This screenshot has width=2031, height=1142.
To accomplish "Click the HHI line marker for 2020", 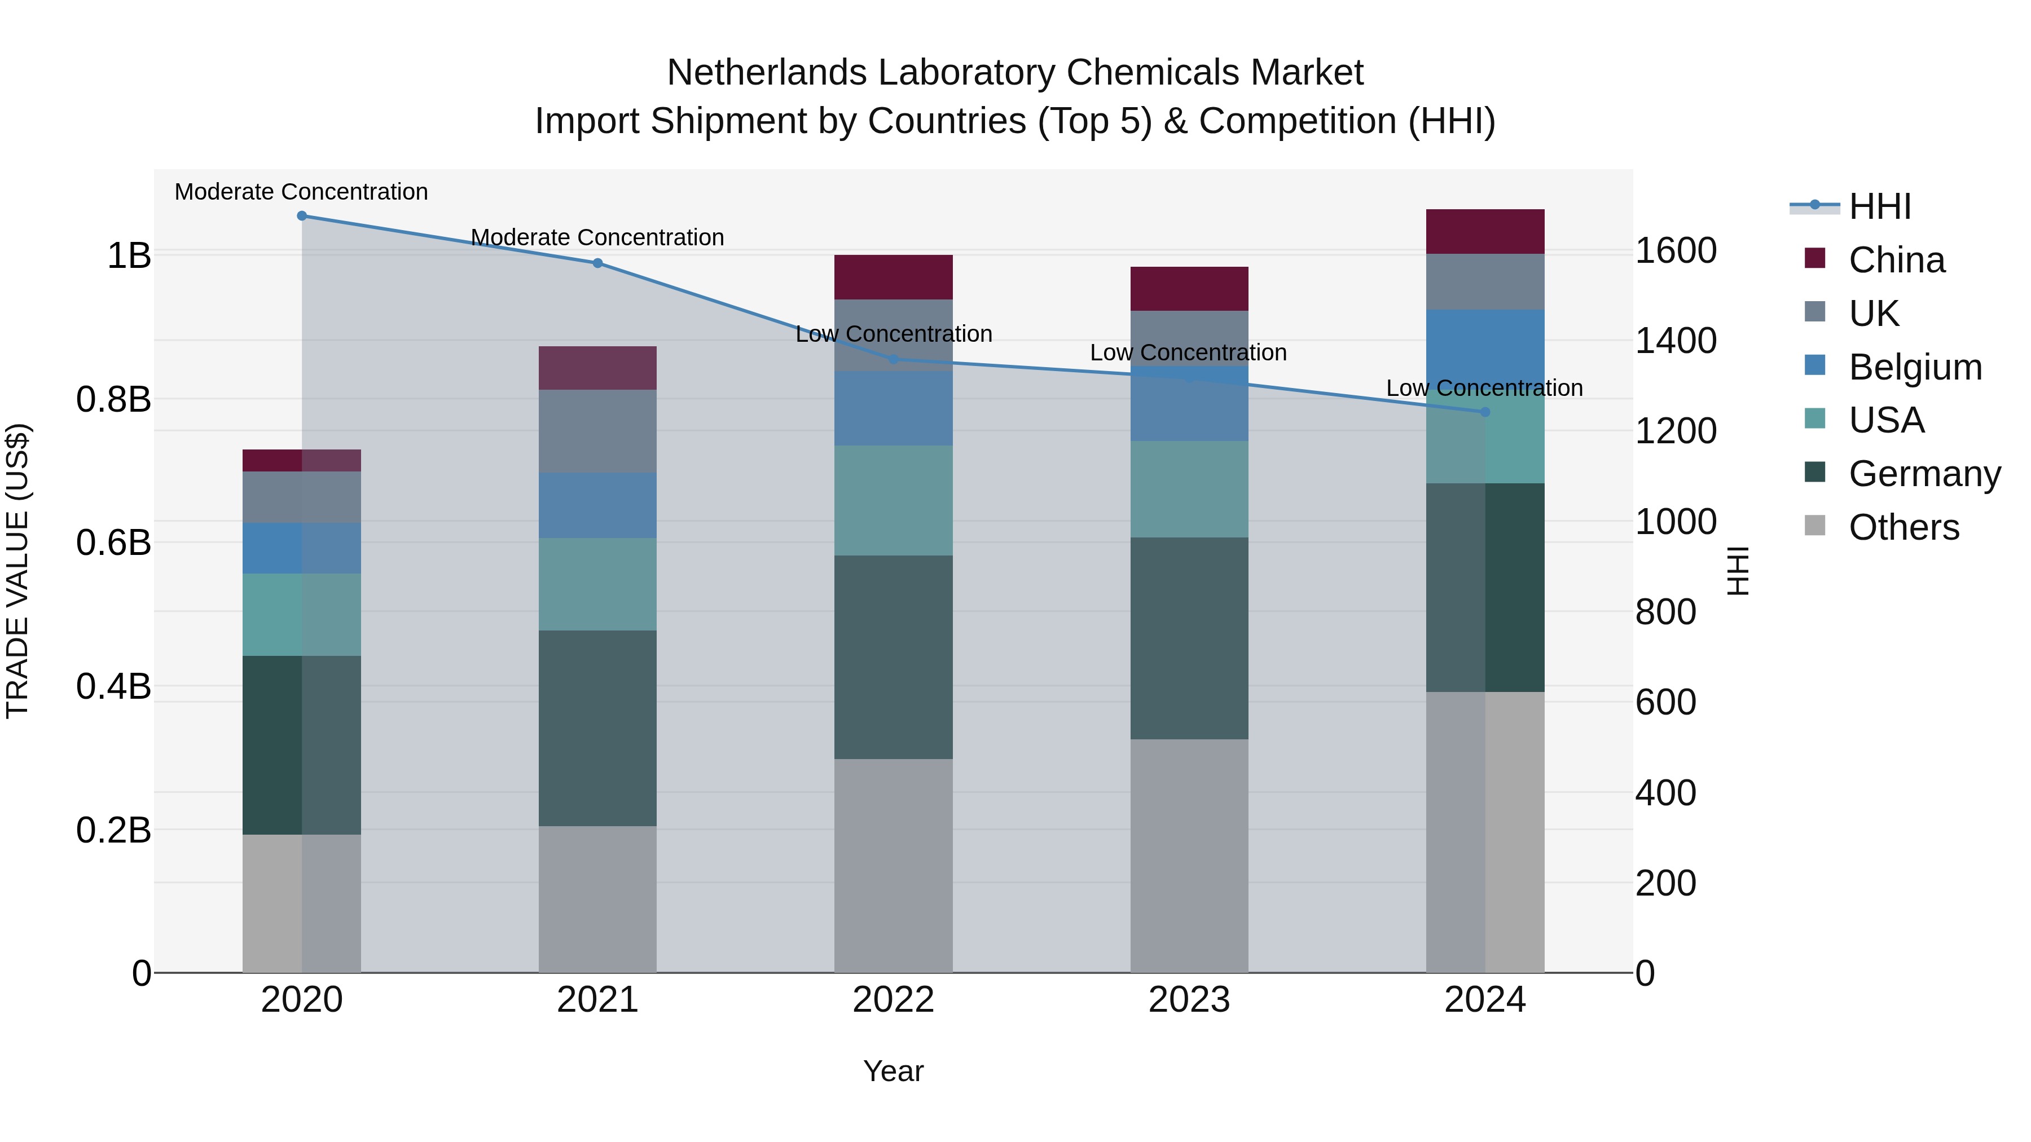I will coord(302,216).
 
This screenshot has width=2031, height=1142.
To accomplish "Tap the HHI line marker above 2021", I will coord(597,263).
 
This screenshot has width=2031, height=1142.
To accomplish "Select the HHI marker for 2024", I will coord(1485,412).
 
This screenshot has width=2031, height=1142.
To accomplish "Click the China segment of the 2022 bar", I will coord(893,277).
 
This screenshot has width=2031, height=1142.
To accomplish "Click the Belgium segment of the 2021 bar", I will coord(597,505).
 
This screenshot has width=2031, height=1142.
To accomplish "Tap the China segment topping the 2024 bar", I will coord(1485,232).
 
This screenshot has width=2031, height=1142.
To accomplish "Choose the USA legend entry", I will coord(1886,421).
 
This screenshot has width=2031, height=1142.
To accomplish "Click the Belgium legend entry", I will coord(1914,367).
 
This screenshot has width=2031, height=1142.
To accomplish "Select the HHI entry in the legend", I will coord(1880,206).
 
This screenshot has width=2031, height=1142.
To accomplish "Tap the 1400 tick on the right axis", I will coord(1676,341).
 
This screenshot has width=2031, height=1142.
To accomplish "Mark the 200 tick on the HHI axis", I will coord(1666,884).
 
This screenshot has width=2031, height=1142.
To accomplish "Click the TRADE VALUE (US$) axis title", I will coord(17,571).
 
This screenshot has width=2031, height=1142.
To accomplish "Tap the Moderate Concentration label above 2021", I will coord(597,237).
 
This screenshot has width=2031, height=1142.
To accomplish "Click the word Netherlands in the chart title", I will coord(767,73).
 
